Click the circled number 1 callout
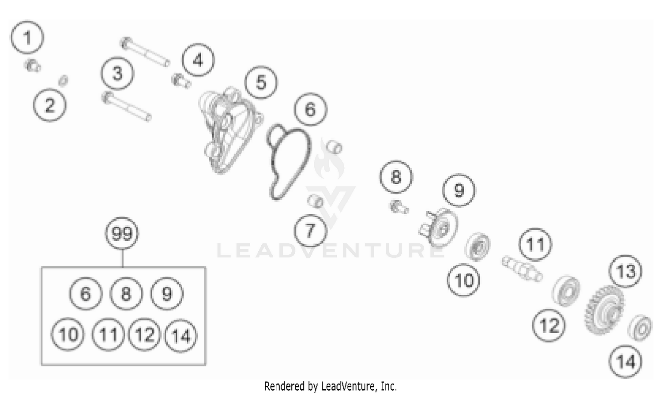(x=27, y=37)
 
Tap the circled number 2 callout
(x=49, y=105)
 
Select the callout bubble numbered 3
(x=117, y=73)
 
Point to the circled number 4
(x=198, y=60)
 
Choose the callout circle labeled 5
(x=261, y=82)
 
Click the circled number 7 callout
(x=310, y=231)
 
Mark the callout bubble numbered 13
(x=625, y=271)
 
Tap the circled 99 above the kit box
(x=122, y=234)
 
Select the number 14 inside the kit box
(x=181, y=336)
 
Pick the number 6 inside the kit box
(x=86, y=294)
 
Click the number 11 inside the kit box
(x=108, y=335)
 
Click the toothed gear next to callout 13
(x=605, y=310)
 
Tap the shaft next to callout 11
(x=523, y=268)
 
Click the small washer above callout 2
(x=63, y=80)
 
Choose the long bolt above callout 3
(x=145, y=52)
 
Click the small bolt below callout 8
(x=399, y=207)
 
